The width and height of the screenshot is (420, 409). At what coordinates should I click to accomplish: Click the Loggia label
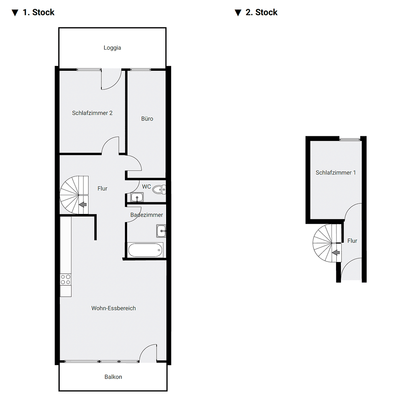click(x=112, y=48)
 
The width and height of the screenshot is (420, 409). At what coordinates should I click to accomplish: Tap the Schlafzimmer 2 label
click(x=92, y=113)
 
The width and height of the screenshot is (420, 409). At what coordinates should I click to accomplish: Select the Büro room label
click(x=147, y=119)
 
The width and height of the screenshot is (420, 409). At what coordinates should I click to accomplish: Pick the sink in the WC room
click(x=137, y=197)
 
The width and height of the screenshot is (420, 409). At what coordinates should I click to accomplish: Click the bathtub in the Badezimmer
click(x=145, y=250)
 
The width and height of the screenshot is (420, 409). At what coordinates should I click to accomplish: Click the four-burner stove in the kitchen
click(x=65, y=279)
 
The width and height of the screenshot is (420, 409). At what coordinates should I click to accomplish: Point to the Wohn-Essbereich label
click(x=114, y=308)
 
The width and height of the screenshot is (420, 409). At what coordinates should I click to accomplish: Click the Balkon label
click(x=113, y=377)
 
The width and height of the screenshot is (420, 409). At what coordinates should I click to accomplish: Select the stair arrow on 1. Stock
click(x=82, y=205)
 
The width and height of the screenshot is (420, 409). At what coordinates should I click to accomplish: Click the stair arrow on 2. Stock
click(x=336, y=253)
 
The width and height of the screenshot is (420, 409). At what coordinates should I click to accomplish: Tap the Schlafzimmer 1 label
click(x=336, y=173)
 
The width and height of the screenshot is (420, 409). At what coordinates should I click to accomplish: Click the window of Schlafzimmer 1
click(x=350, y=139)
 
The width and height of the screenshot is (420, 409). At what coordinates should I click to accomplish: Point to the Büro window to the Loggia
click(x=140, y=69)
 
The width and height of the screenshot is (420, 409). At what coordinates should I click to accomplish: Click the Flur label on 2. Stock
click(x=352, y=241)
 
